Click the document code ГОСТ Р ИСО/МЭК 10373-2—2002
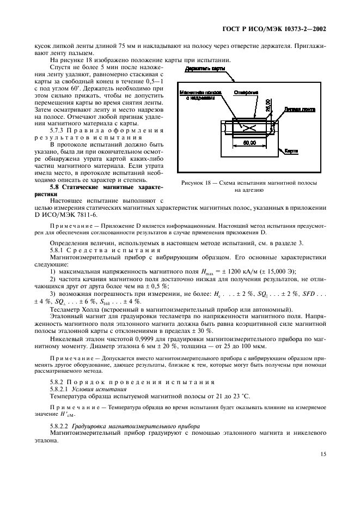[283, 28]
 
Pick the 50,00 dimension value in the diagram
[250, 143]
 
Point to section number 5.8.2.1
[61, 390]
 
